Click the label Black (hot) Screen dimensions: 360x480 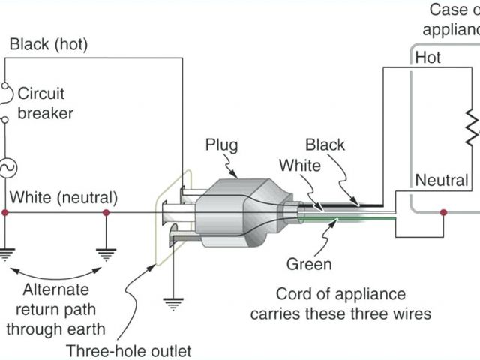[48, 45]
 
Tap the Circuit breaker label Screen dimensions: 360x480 [46, 104]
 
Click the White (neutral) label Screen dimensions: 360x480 [63, 199]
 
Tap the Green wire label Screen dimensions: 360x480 [308, 264]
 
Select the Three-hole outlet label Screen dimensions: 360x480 [128, 350]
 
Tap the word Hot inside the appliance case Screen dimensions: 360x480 [428, 58]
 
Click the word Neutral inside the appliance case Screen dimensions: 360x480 [442, 181]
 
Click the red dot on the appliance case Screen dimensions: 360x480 [444, 213]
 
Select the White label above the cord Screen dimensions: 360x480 [295, 164]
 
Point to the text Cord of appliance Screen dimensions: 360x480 [340, 294]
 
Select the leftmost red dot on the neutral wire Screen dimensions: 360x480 [6, 213]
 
